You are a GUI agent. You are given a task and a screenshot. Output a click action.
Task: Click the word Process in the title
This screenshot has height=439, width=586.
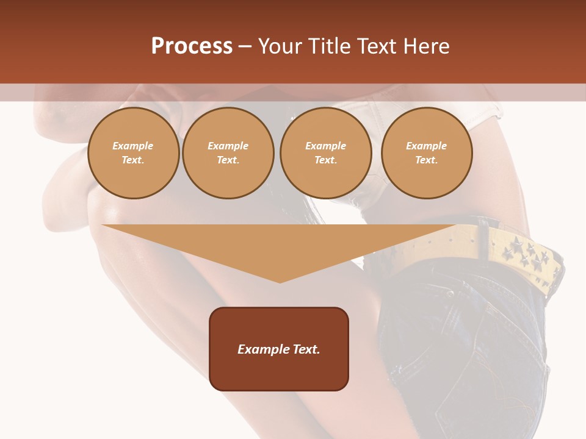click(192, 46)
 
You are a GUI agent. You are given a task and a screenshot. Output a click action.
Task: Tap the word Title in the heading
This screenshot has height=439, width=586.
click(331, 46)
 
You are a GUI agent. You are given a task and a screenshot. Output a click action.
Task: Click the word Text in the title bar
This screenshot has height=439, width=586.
click(378, 46)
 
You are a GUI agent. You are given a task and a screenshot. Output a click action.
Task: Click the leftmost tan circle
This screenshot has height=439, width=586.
click(133, 153)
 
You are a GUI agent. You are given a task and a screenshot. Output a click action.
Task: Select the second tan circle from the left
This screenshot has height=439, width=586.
click(228, 153)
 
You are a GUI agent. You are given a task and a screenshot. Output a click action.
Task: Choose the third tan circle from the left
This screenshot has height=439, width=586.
click(325, 153)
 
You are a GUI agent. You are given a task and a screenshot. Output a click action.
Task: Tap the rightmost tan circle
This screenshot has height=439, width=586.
click(426, 153)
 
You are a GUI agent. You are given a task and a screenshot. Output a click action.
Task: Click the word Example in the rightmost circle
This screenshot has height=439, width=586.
click(426, 146)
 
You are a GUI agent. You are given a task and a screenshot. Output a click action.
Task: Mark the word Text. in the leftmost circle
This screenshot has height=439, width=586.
click(133, 160)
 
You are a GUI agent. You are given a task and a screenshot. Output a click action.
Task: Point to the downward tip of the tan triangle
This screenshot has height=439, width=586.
click(280, 281)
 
